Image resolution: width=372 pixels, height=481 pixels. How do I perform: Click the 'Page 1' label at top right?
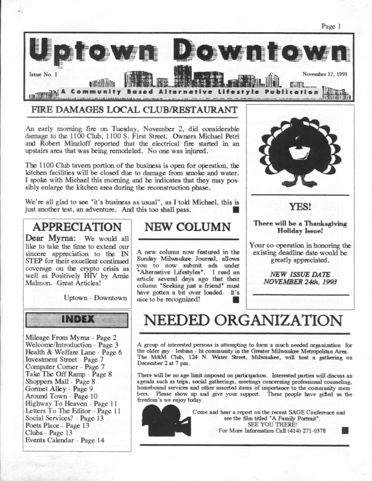[331, 26]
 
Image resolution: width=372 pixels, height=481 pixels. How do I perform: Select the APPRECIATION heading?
[77, 227]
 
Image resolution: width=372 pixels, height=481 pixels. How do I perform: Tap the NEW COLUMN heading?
[188, 227]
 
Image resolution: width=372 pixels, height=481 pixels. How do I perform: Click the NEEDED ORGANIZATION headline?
[243, 320]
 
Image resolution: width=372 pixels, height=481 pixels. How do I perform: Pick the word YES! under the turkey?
[300, 206]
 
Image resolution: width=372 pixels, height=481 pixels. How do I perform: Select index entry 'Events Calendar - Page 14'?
[65, 440]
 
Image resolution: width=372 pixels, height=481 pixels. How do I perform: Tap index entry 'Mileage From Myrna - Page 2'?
[71, 337]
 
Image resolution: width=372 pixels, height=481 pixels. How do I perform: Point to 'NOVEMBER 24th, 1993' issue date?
[300, 282]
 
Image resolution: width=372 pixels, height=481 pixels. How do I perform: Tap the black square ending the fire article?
[236, 209]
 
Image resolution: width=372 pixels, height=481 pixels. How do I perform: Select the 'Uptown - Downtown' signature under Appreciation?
[95, 298]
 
